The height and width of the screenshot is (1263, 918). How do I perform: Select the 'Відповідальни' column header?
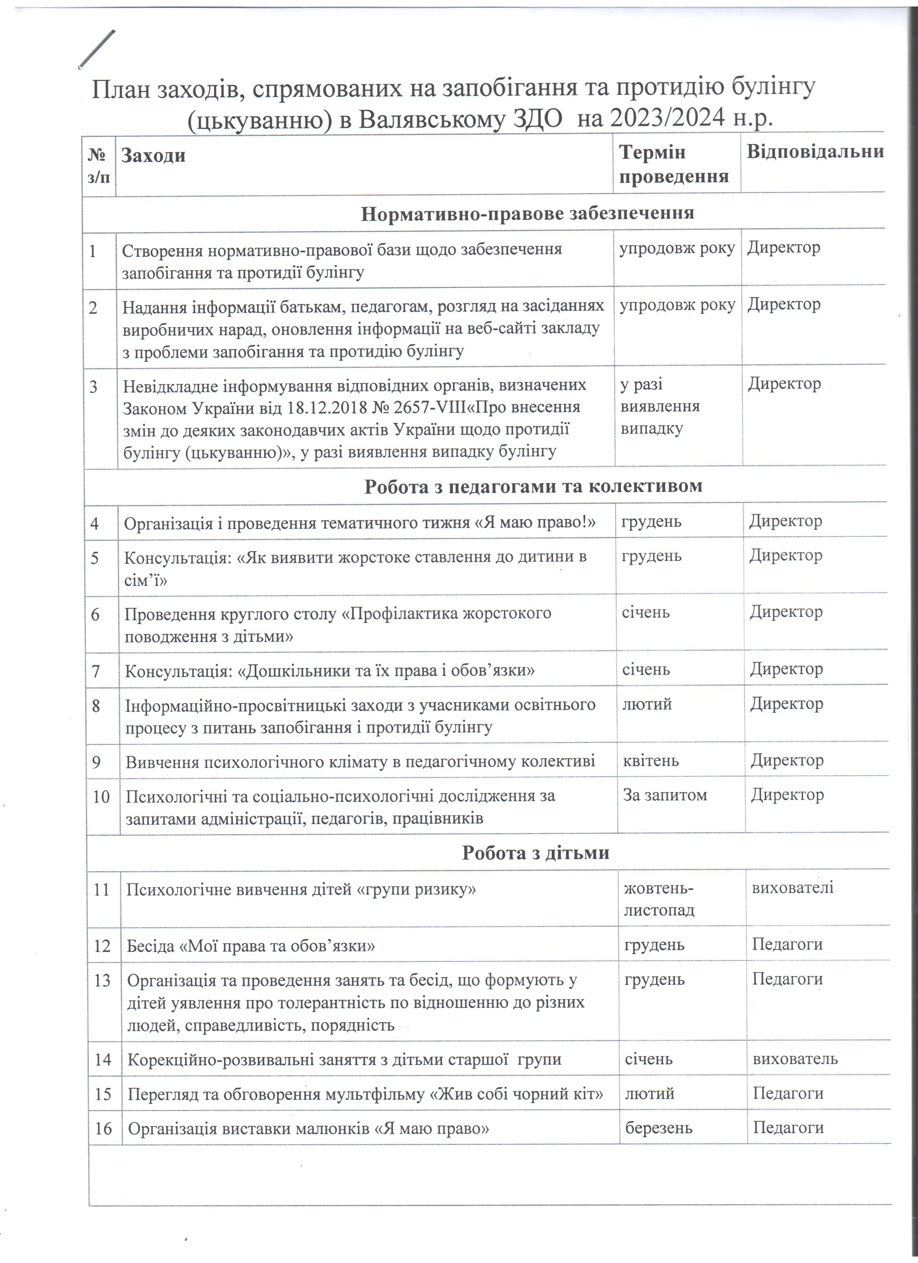[x=814, y=152]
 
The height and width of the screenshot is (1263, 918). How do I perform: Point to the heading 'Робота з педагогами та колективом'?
[x=533, y=486]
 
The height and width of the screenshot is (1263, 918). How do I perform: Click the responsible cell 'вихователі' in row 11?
[x=792, y=887]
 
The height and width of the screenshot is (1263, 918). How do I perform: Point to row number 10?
[x=101, y=797]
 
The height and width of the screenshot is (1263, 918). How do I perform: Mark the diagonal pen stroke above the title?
[x=98, y=49]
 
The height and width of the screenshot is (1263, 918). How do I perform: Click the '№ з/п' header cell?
[x=99, y=165]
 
